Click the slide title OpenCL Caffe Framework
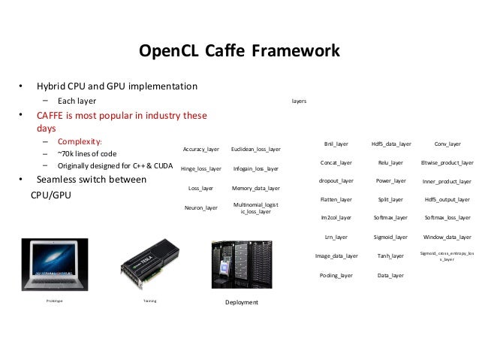click(239, 52)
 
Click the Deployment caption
click(242, 302)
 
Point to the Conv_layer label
click(447, 143)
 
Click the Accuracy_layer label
click(201, 150)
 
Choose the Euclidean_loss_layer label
click(255, 150)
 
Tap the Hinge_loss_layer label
click(201, 169)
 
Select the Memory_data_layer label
click(255, 188)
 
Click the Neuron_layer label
click(201, 207)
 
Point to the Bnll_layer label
click(336, 143)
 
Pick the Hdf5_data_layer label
click(391, 143)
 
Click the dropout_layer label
click(336, 181)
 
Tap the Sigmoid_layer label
click(391, 237)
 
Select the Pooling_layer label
click(336, 276)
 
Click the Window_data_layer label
click(447, 237)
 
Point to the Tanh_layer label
click(391, 256)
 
